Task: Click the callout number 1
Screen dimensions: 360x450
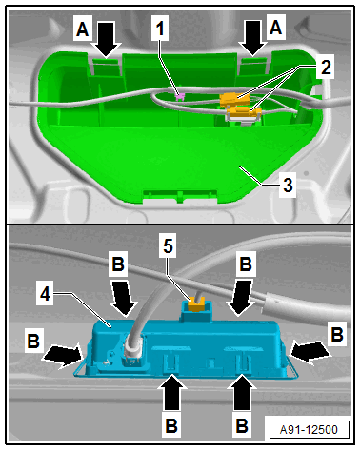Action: (160, 29)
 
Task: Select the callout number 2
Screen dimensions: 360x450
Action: (326, 67)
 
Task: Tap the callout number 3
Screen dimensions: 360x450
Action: (288, 185)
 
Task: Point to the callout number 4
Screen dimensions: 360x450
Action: (45, 294)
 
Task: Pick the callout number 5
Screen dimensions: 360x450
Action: (168, 246)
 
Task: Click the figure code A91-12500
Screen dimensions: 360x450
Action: (309, 430)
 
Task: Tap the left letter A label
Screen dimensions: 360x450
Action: (83, 29)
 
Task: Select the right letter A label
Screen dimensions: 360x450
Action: (275, 27)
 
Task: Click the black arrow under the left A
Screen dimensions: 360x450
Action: (106, 40)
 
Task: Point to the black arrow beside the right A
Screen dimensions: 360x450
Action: (251, 38)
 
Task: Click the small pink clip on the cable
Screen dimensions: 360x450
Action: (181, 95)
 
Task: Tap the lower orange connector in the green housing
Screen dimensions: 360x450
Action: (244, 112)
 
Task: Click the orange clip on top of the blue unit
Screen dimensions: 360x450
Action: (196, 304)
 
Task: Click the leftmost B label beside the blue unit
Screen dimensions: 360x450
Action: (33, 341)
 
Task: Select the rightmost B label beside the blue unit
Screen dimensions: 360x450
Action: (337, 334)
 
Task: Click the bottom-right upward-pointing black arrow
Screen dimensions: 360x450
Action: (242, 392)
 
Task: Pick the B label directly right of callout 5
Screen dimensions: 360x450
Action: (246, 264)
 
